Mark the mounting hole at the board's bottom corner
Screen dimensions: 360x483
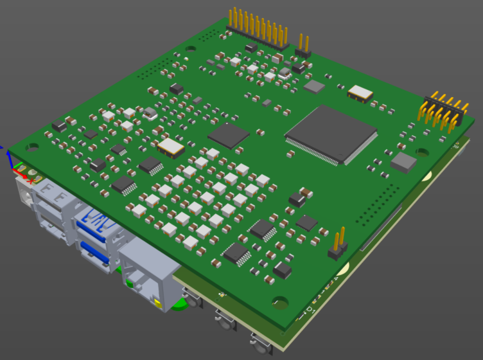coord(279,300)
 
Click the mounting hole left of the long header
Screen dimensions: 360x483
coord(191,48)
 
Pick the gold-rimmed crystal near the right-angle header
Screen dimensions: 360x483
coord(360,94)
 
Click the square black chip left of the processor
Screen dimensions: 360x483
coord(229,136)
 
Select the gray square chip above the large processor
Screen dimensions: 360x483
coord(315,86)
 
